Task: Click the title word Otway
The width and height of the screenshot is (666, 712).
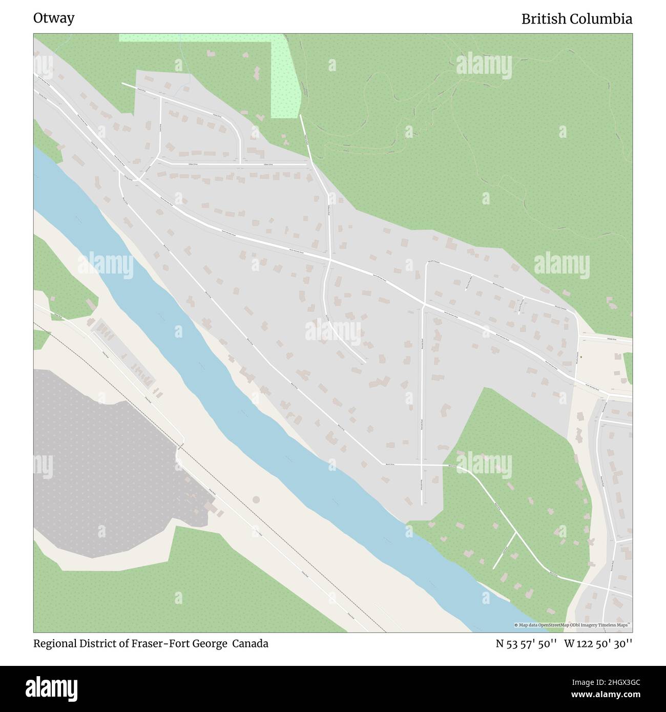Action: [x=54, y=18]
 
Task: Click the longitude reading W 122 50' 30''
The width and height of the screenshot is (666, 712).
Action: [x=598, y=644]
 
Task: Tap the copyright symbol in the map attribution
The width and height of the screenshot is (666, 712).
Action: [x=516, y=625]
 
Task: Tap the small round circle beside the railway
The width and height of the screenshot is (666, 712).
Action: [x=256, y=499]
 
